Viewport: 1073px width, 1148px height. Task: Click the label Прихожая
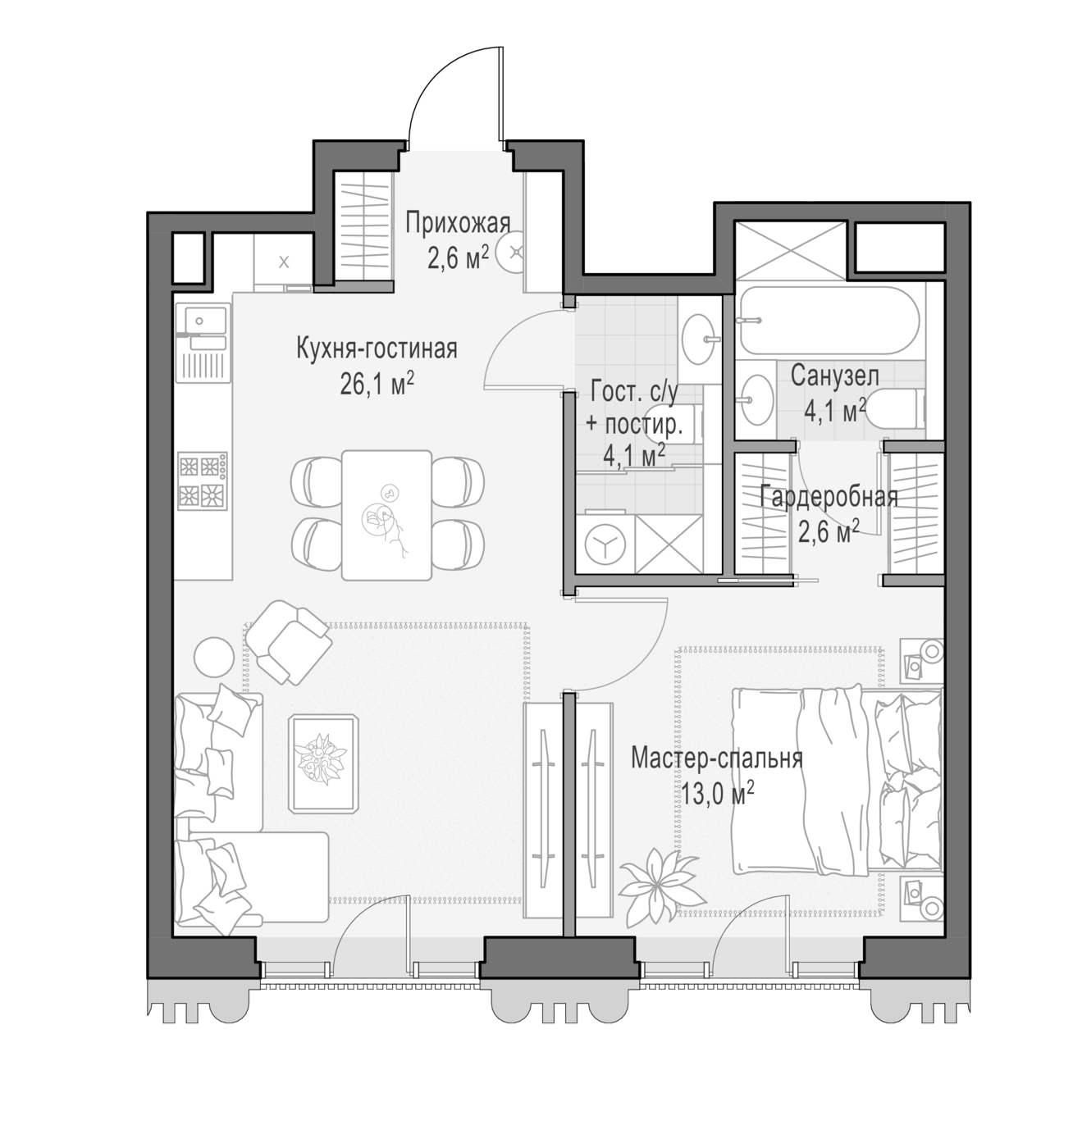(x=457, y=224)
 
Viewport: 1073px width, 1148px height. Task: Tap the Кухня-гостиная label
(x=377, y=348)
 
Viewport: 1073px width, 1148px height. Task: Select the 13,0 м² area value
(x=717, y=793)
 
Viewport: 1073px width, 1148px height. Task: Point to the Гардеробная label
(x=829, y=497)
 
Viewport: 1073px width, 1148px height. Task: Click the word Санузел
(x=834, y=376)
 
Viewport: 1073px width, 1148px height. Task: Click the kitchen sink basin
(x=203, y=321)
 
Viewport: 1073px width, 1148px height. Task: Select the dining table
(x=386, y=515)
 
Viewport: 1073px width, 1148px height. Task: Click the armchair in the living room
(x=289, y=641)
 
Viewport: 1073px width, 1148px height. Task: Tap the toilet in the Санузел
(x=897, y=408)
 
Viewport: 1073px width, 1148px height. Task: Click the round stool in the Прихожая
(x=513, y=252)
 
